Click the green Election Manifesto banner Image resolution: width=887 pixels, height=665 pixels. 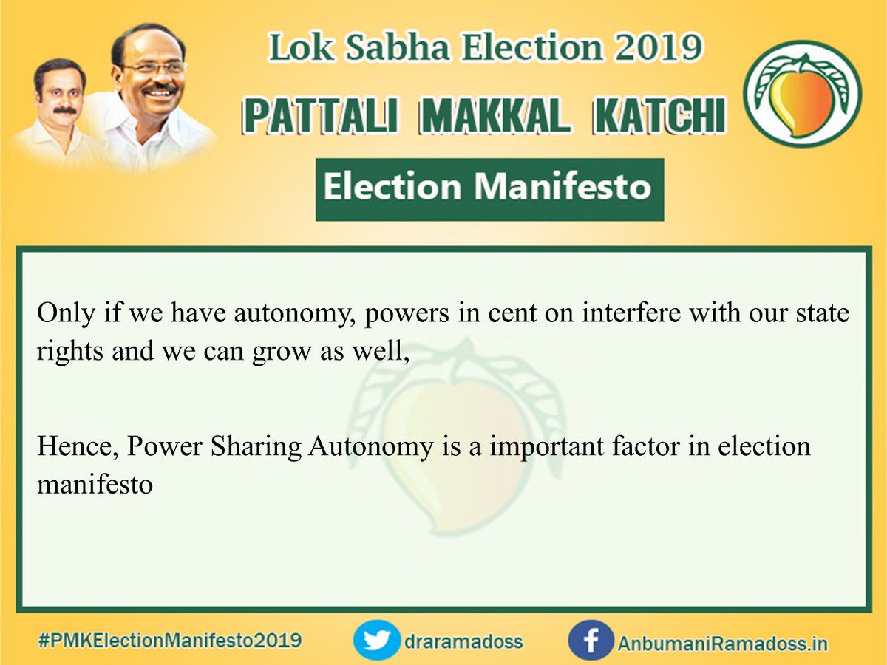pos(489,188)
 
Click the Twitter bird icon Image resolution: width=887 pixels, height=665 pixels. pos(376,640)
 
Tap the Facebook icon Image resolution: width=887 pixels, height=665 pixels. pos(591,640)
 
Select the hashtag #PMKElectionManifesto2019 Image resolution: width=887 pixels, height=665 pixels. pos(169,640)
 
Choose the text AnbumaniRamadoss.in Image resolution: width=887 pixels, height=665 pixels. pos(722,642)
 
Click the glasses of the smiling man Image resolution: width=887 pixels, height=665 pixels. pos(154,67)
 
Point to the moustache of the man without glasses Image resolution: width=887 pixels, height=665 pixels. pos(64,111)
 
